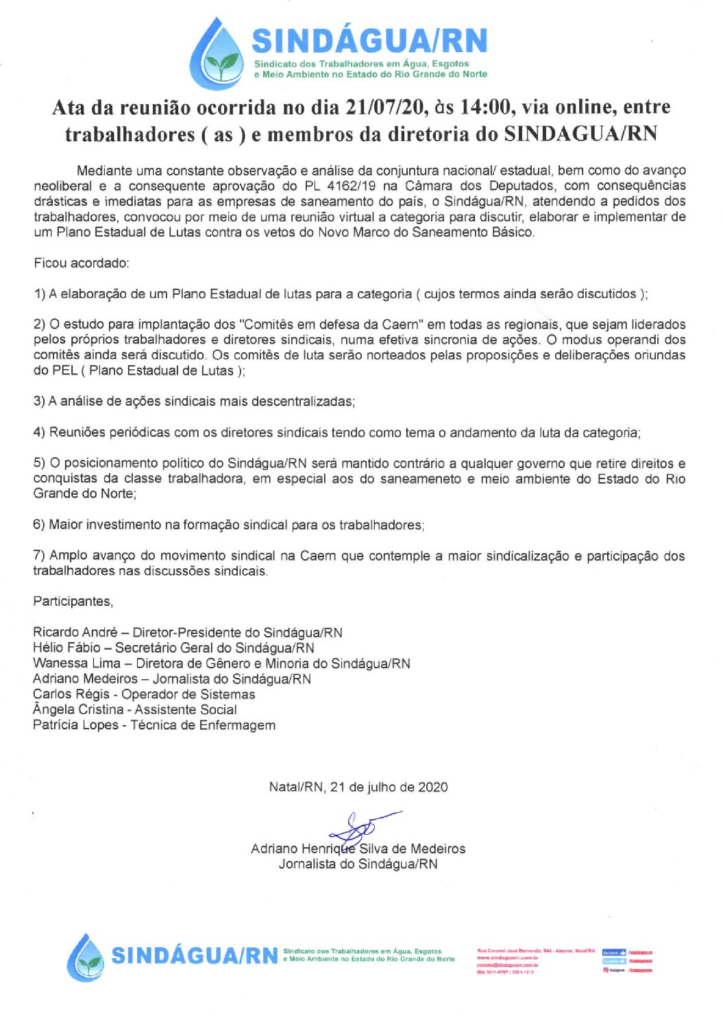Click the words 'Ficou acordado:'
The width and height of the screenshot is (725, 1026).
(x=81, y=263)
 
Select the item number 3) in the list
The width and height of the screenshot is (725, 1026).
(x=39, y=402)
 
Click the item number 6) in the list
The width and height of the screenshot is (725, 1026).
(x=39, y=525)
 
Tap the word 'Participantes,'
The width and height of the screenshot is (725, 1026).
(x=73, y=601)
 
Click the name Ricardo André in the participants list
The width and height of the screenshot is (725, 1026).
(x=75, y=633)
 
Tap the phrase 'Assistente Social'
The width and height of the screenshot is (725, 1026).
(x=186, y=710)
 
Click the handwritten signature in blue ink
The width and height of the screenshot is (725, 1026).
(x=360, y=827)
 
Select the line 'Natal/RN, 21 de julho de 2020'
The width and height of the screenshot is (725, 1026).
(x=358, y=787)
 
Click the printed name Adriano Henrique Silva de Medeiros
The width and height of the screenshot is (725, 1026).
(x=358, y=849)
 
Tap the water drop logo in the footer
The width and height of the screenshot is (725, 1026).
(x=86, y=957)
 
